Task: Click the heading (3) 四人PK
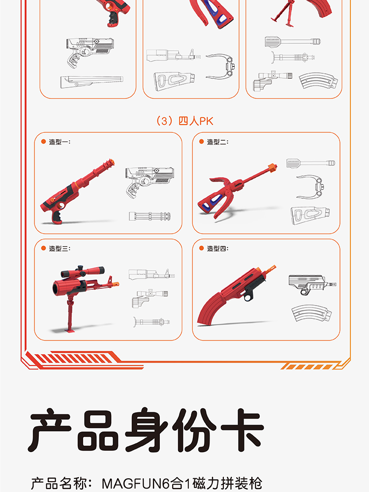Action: pos(184,121)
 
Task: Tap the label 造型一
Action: pos(60,142)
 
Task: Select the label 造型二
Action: pos(218,142)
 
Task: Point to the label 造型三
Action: pos(60,248)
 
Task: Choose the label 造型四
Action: pos(218,248)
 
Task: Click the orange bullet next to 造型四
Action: pos(201,248)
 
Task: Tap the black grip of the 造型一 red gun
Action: pos(57,217)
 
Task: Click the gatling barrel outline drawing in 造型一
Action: pos(150,216)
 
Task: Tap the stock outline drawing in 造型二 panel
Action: pos(310,215)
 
